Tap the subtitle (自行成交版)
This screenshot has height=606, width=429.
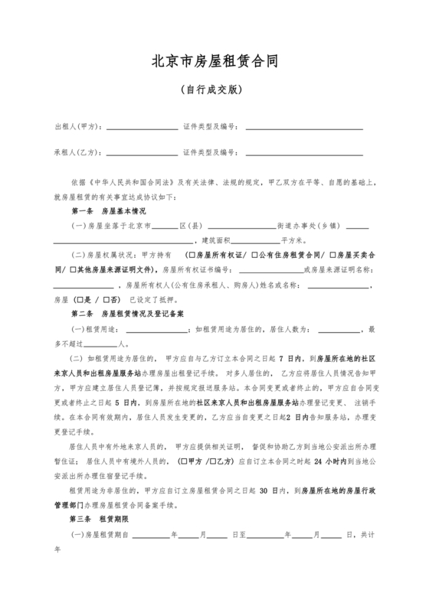click(214, 90)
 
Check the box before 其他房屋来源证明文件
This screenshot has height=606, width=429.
click(73, 270)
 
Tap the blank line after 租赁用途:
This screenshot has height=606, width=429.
click(157, 331)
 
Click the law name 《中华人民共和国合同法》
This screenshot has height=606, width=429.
click(133, 183)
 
